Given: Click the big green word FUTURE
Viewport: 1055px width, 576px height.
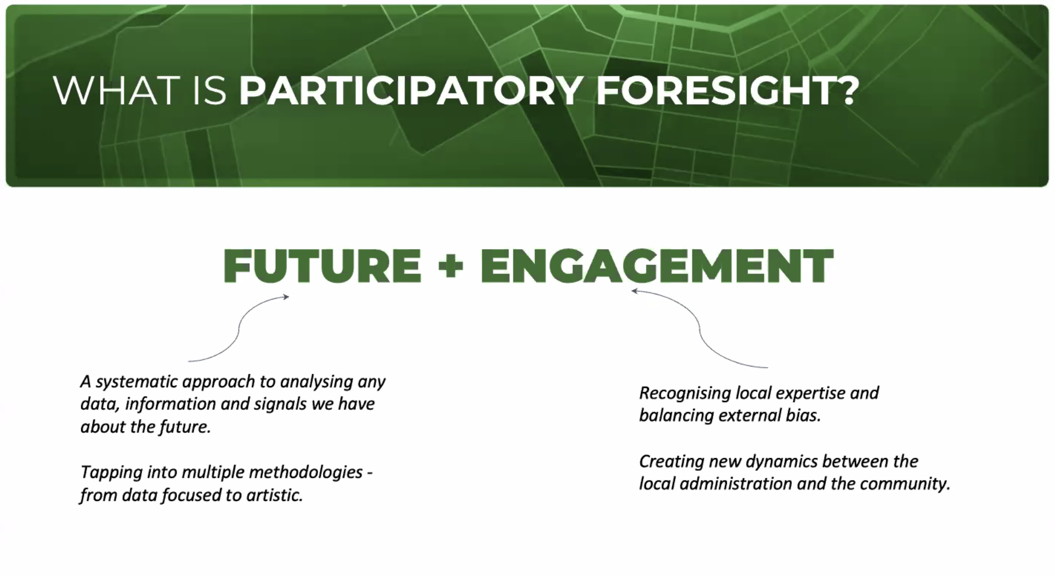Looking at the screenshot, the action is pyautogui.click(x=322, y=266).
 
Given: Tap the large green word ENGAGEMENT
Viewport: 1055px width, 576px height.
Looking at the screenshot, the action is pyautogui.click(x=657, y=266).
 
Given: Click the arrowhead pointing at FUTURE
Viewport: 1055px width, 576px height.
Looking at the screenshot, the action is pyautogui.click(x=285, y=297).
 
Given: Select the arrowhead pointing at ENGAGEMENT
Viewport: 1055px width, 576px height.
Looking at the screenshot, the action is pyautogui.click(x=635, y=291).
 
